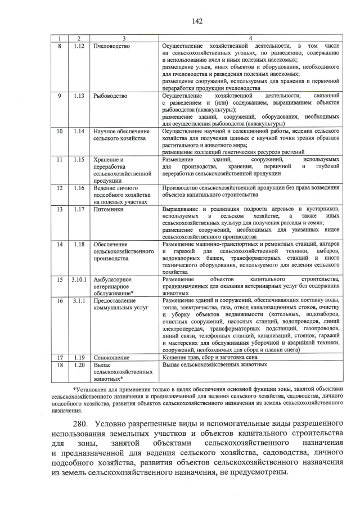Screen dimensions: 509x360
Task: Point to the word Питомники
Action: (x=109, y=209)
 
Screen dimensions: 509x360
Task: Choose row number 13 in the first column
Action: (x=59, y=209)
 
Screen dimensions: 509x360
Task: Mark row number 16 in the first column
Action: (x=59, y=301)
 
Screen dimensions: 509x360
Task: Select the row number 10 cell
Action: (x=59, y=131)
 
